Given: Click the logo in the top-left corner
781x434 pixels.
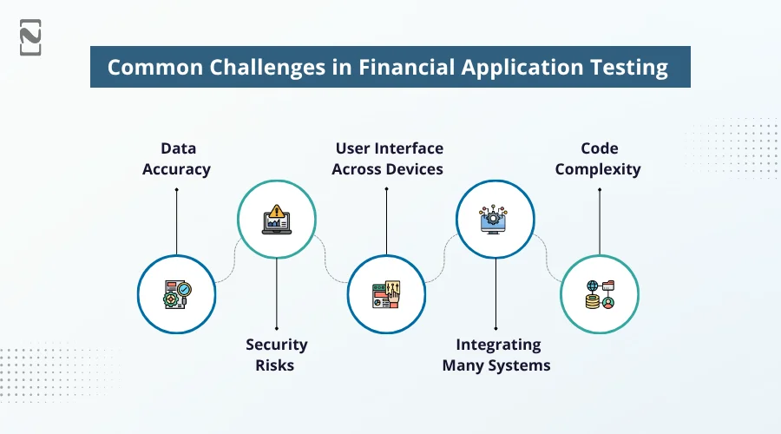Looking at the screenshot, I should click(31, 36).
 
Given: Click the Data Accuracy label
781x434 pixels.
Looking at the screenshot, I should click(176, 159).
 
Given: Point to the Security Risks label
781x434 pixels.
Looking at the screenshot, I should click(276, 354).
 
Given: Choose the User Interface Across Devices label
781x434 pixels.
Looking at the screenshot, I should click(387, 159).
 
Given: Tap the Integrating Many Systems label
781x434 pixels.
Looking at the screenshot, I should click(496, 354).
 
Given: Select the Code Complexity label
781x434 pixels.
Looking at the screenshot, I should click(598, 159).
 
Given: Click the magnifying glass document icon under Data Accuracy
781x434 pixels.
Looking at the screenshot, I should click(176, 295).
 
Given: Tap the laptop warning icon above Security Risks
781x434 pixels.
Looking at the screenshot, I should click(276, 220).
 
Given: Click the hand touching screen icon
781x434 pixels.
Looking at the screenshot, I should click(387, 295).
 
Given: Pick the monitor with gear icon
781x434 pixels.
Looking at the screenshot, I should click(496, 220).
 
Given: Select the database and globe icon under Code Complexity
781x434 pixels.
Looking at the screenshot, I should click(599, 295).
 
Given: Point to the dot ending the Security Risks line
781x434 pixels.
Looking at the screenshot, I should click(276, 327).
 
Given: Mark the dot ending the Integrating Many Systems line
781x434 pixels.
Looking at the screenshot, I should click(496, 327).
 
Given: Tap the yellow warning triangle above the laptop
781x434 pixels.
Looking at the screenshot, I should click(277, 210).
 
